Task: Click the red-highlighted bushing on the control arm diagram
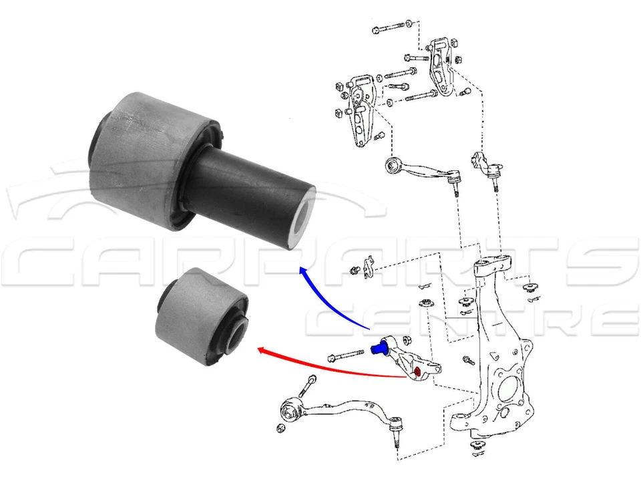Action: click(417, 372)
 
